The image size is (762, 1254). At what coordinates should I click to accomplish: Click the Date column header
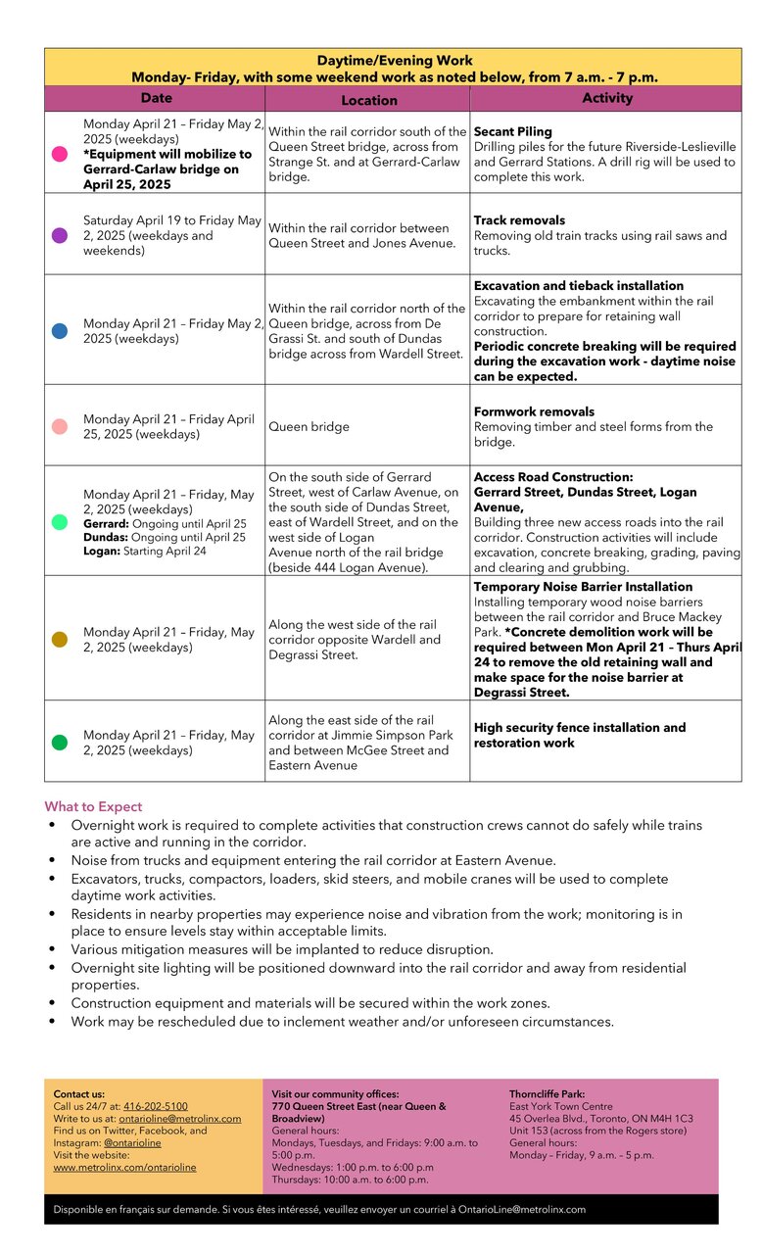(x=156, y=98)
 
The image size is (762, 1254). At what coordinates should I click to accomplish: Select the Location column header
(x=368, y=100)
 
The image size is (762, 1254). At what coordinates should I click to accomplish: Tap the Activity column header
(x=607, y=98)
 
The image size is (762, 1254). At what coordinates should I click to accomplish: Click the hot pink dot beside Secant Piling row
(x=60, y=154)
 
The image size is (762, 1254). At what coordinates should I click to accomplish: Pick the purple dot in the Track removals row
(x=60, y=235)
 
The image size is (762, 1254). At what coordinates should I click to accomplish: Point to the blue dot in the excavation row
(x=60, y=331)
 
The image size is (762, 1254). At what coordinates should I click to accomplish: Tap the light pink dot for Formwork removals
(x=60, y=426)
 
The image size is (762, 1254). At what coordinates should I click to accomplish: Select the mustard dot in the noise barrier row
(x=60, y=640)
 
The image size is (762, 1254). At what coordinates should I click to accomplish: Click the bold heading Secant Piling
(x=512, y=131)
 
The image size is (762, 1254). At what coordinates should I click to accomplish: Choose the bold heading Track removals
(x=519, y=220)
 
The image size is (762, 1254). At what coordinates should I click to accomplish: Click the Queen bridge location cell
(x=309, y=427)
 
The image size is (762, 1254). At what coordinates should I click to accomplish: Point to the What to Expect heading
(x=93, y=806)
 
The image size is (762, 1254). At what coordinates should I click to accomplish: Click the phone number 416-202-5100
(x=155, y=1106)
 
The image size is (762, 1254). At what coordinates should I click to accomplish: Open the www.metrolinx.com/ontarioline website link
(x=124, y=1167)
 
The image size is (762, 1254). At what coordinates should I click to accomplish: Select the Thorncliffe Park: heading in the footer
(x=547, y=1093)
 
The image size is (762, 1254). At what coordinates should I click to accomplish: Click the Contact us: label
(x=78, y=1093)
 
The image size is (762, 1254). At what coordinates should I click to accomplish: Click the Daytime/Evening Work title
(x=394, y=61)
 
